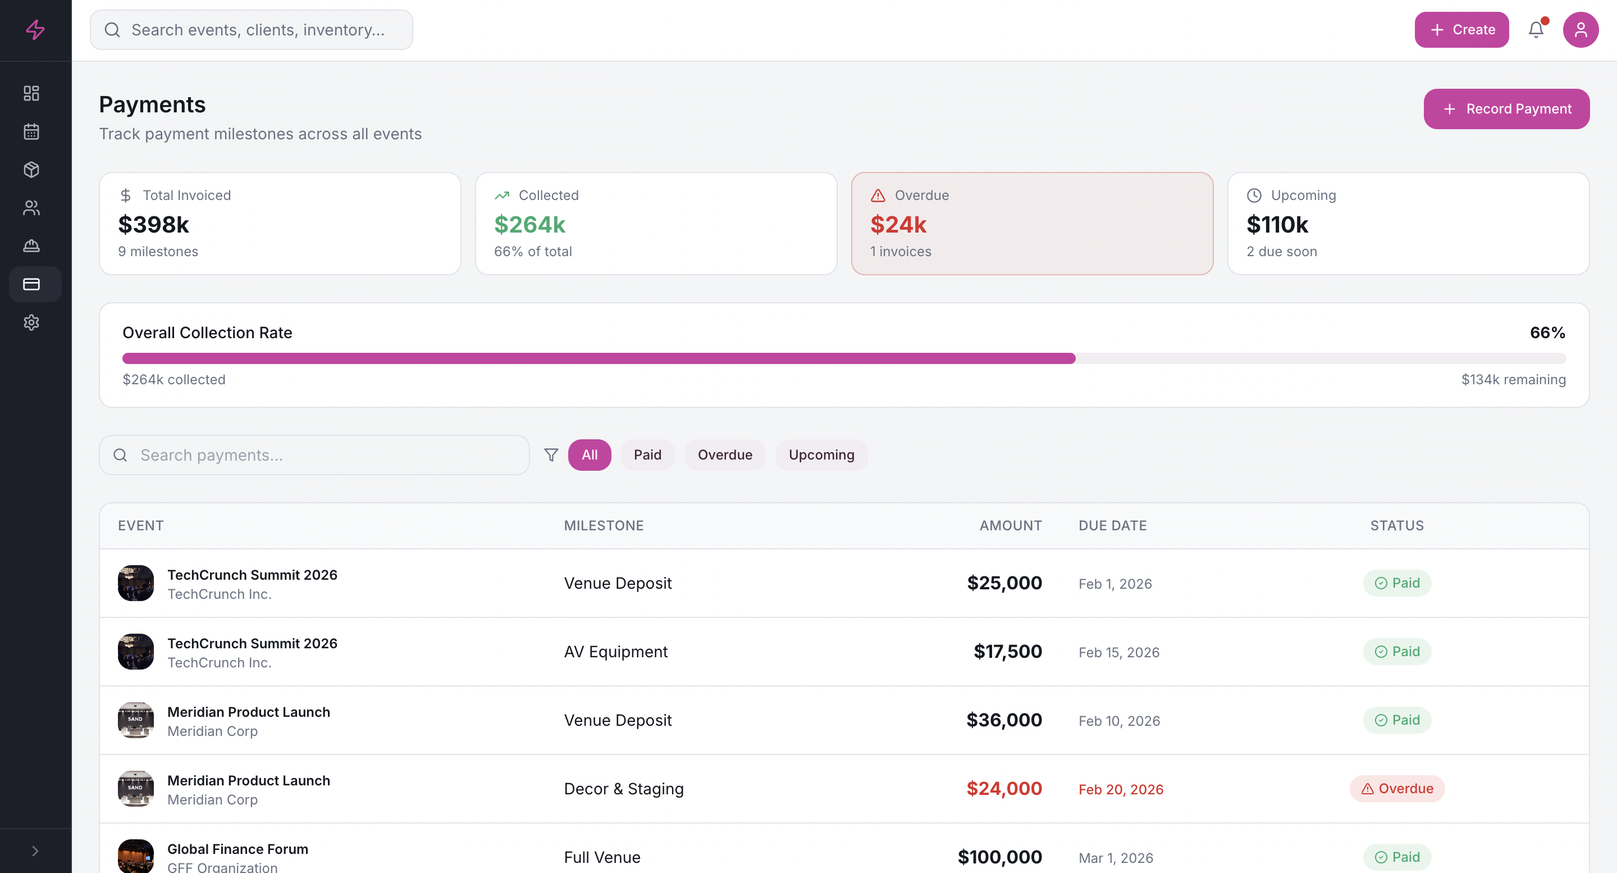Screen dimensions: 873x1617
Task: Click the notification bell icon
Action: click(x=1536, y=30)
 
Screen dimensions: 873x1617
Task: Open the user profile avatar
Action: click(x=1580, y=30)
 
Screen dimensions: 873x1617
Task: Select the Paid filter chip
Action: click(x=647, y=454)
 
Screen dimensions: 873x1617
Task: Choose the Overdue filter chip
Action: click(x=724, y=454)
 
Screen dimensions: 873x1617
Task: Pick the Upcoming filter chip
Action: click(x=821, y=454)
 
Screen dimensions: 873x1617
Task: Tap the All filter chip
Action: click(x=589, y=454)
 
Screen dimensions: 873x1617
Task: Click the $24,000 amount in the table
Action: click(x=1004, y=788)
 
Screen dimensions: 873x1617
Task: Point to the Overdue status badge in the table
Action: click(x=1397, y=788)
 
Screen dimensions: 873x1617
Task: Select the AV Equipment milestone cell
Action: click(x=615, y=651)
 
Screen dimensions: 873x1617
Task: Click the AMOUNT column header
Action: click(x=1010, y=525)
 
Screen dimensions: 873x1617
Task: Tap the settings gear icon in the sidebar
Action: click(x=31, y=322)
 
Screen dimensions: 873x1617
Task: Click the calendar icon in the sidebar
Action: click(x=31, y=131)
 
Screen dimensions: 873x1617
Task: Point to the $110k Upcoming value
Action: click(x=1277, y=224)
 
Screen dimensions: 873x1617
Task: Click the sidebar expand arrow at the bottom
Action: click(x=35, y=851)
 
